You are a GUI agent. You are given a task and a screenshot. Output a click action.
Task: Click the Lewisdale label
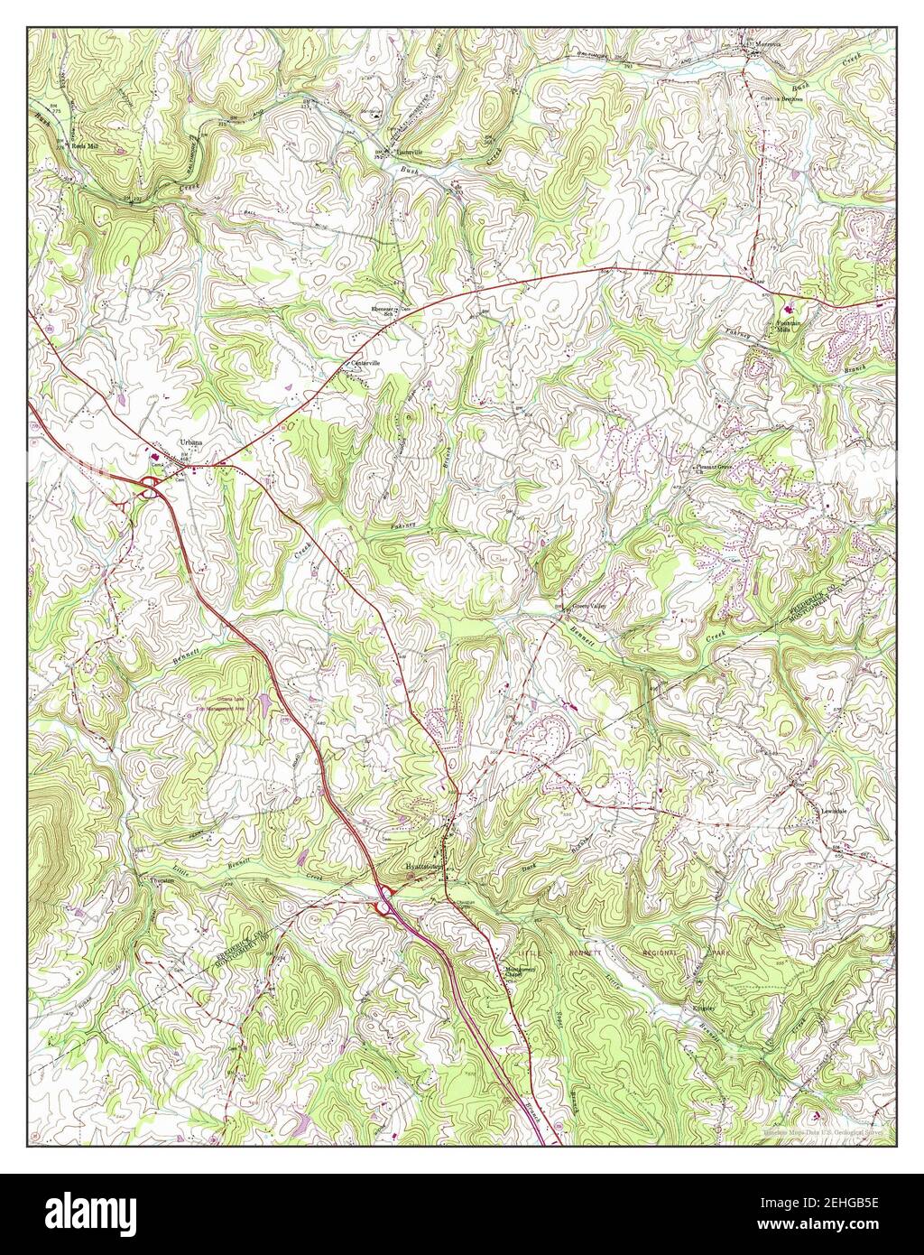pos(836,810)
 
